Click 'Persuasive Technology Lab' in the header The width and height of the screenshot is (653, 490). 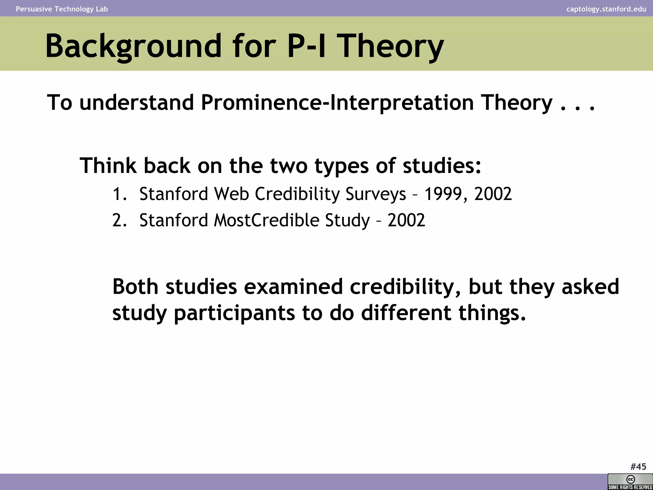pos(62,9)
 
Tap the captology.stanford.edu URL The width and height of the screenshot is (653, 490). pos(606,9)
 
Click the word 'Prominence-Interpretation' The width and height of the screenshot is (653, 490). pos(337,102)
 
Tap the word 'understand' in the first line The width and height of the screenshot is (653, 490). pos(136,102)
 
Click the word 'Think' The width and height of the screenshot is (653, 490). pos(108,166)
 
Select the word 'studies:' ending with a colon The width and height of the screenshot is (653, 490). pos(442,166)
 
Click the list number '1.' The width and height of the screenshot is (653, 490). pos(120,194)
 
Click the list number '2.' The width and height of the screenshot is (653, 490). pos(120,220)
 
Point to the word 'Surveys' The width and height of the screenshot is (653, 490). pos(376,194)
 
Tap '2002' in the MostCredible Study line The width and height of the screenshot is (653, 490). pos(406,220)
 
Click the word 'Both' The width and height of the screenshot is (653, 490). pos(135,286)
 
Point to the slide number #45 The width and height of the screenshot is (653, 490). pos(638,467)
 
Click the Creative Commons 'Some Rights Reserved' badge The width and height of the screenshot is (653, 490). pos(630,482)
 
